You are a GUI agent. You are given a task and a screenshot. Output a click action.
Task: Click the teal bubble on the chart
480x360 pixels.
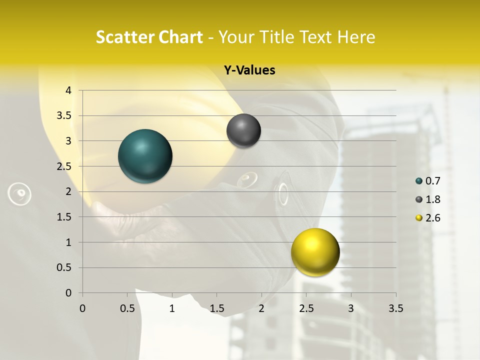[145, 156]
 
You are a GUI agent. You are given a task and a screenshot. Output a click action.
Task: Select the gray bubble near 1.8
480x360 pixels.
[243, 131]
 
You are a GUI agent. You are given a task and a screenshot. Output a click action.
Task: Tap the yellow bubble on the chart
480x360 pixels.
[315, 252]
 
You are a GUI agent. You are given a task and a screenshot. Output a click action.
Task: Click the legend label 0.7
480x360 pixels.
[433, 181]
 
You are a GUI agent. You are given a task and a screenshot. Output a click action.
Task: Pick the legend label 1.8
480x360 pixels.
[433, 199]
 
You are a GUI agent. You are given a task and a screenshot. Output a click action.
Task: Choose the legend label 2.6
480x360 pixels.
[433, 218]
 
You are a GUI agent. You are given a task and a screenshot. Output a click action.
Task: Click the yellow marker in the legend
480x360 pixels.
[419, 218]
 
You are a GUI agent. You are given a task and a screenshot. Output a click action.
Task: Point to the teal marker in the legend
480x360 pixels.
[419, 181]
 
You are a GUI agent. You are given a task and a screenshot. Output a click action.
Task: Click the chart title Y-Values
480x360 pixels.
[249, 70]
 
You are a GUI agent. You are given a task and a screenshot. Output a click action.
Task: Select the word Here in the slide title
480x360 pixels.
[355, 37]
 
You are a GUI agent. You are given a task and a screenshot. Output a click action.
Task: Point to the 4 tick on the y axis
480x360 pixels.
[68, 90]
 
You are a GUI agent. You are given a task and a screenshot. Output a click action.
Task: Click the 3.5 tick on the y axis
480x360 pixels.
[64, 116]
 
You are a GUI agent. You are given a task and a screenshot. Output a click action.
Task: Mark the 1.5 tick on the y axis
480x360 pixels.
[64, 217]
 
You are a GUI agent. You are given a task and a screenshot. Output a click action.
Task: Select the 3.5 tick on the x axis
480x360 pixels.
[395, 308]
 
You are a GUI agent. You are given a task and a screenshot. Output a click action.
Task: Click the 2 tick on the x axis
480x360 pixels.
[261, 308]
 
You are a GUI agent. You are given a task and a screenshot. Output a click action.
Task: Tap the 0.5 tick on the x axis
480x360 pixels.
[127, 308]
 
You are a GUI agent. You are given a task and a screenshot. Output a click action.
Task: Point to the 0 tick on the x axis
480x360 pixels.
[82, 308]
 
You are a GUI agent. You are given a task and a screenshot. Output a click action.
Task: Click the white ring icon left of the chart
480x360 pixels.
[20, 193]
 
